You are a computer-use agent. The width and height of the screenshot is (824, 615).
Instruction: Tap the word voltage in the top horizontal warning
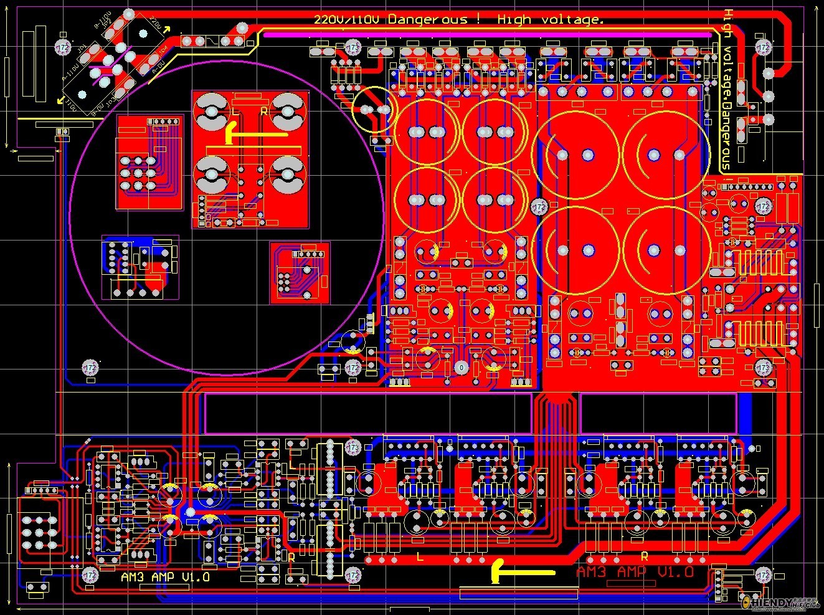(573, 20)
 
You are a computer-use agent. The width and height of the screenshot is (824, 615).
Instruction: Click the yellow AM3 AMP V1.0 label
(165, 578)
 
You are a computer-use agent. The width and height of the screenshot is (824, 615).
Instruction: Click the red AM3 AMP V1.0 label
(635, 572)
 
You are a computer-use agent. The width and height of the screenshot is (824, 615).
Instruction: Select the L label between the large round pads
(235, 111)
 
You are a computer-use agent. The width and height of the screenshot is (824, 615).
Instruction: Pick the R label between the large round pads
(263, 111)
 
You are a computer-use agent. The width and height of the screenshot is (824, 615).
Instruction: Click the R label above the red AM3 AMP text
(645, 556)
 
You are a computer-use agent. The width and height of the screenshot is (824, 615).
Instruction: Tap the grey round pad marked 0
(461, 368)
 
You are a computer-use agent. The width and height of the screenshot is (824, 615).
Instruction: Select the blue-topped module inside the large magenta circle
(140, 266)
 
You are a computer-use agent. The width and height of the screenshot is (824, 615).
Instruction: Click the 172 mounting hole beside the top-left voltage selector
(63, 48)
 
